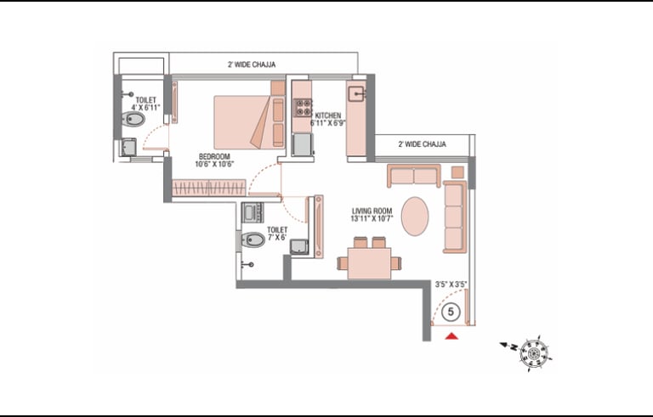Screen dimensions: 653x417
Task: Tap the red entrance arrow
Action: coord(451,335)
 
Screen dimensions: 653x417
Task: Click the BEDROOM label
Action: coord(214,156)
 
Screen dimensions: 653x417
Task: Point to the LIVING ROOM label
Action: coord(372,211)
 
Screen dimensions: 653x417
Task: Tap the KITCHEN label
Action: coord(327,116)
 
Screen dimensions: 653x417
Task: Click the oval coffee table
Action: coord(415,216)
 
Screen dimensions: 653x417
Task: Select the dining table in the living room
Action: coord(369,263)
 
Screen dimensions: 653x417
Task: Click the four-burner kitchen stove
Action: coord(304,107)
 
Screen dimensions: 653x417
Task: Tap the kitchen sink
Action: coord(357,93)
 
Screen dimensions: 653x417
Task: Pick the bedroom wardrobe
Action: coord(209,188)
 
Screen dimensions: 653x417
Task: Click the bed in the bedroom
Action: coord(249,122)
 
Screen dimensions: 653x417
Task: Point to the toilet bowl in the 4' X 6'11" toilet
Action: coord(133,120)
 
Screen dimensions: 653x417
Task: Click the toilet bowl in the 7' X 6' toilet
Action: coord(253,239)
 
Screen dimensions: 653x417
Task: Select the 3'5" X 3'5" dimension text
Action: coord(451,285)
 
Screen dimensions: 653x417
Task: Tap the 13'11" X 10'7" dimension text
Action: coord(372,219)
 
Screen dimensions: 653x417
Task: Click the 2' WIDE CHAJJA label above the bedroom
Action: coord(252,65)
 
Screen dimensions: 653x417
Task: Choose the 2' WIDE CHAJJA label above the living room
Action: coord(422,144)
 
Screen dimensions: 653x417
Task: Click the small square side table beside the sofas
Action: coord(458,172)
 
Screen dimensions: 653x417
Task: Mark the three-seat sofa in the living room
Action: coord(454,217)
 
